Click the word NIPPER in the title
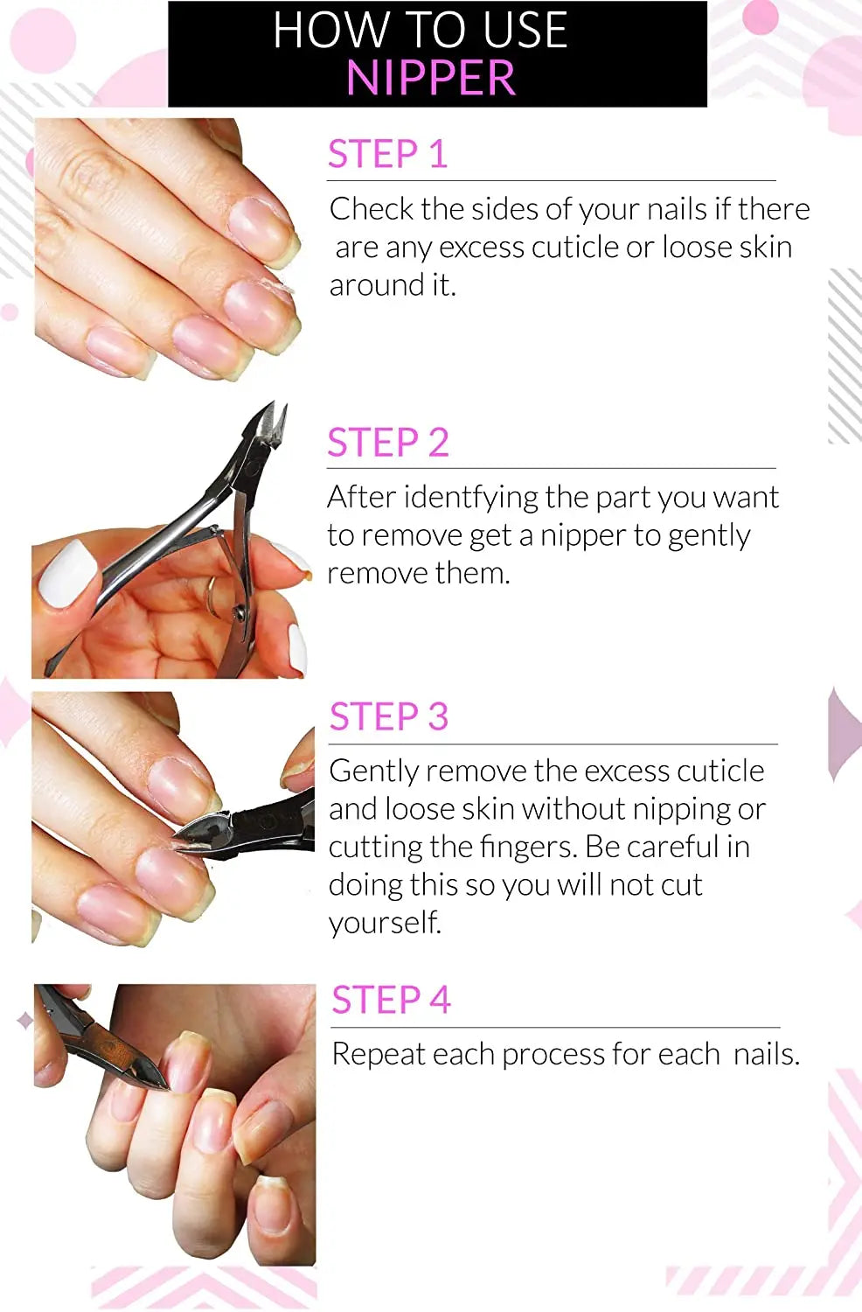(430, 78)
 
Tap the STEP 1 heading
(387, 155)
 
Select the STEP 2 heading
(387, 443)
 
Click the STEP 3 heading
(388, 717)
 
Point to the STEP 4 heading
(391, 1000)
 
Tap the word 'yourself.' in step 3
(385, 923)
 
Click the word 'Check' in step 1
(371, 210)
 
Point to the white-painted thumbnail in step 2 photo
(67, 573)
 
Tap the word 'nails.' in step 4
(766, 1055)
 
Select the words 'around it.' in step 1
(393, 285)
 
